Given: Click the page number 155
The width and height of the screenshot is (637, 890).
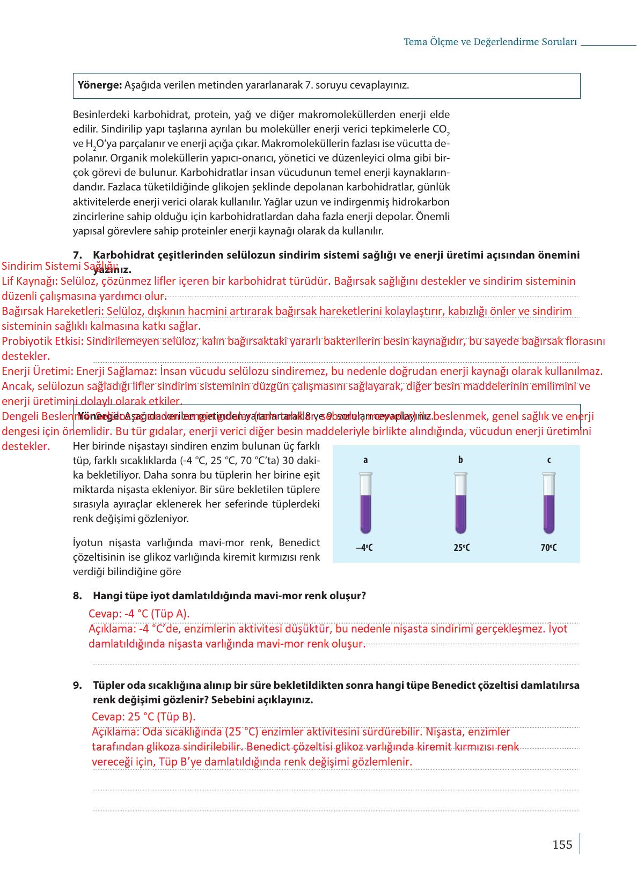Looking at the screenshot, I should (562, 845).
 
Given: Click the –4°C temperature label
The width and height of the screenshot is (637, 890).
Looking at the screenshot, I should (364, 548).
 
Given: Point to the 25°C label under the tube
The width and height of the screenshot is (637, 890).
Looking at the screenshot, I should (461, 548).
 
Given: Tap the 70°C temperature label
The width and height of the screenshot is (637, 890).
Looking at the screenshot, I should (548, 548).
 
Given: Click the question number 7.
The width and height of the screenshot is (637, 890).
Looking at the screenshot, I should (77, 255).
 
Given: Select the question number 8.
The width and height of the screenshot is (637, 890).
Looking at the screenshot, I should (77, 596).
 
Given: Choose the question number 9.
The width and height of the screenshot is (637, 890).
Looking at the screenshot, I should (77, 686).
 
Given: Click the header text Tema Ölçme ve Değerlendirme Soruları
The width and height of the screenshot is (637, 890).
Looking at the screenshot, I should (490, 42).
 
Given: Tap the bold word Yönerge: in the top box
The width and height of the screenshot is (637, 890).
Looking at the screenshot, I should (100, 85).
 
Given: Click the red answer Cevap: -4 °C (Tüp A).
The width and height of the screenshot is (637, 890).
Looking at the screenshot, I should (139, 614).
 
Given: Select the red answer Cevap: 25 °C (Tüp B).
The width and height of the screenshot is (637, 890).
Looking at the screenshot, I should (143, 717).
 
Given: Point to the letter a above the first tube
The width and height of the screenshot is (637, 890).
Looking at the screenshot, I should (365, 460).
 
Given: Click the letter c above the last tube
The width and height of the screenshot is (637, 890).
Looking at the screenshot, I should (548, 460).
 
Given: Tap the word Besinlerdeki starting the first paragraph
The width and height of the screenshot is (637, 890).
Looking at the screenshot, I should (101, 115).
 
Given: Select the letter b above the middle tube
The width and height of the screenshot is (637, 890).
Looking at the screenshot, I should (460, 460).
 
